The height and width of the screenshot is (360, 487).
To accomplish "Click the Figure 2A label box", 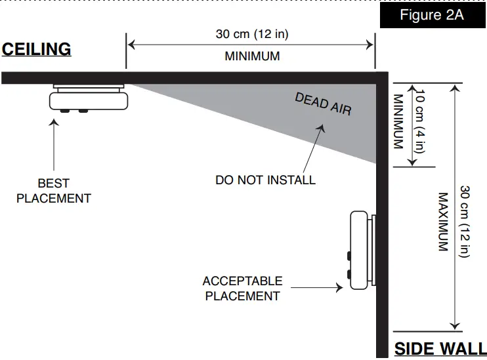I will (x=431, y=15).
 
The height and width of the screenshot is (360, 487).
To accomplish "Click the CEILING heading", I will (x=36, y=49).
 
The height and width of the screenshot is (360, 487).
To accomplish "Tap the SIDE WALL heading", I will (x=440, y=349).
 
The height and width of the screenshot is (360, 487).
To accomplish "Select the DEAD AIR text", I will (x=323, y=104).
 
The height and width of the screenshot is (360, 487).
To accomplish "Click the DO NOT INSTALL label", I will (x=265, y=180).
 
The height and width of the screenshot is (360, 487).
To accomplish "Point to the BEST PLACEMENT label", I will (x=53, y=191).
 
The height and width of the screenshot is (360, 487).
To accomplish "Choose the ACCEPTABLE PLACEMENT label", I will (x=242, y=289).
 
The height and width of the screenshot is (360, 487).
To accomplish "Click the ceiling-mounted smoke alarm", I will (x=89, y=100).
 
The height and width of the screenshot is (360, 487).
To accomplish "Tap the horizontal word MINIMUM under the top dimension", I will (x=252, y=56).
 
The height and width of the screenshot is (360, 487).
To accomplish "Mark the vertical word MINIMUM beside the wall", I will (x=398, y=121).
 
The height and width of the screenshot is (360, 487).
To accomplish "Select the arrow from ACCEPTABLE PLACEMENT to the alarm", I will (x=317, y=287).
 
